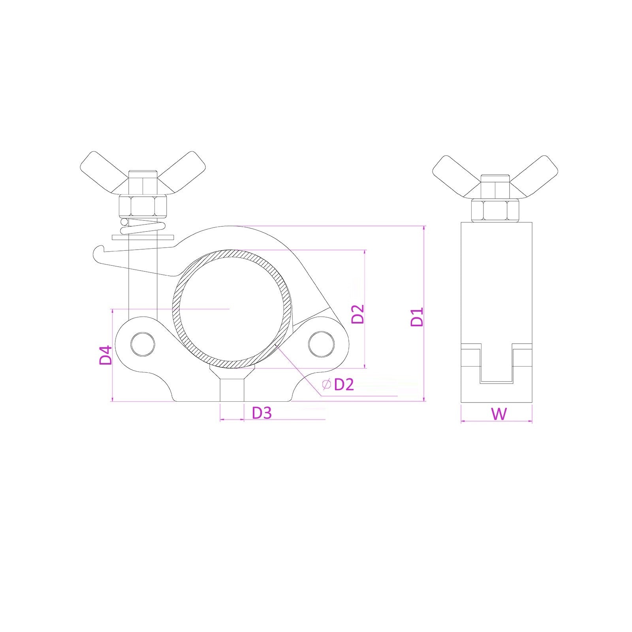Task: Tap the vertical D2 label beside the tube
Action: coord(358,314)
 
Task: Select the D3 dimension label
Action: coord(262,413)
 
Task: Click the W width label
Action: coord(499,414)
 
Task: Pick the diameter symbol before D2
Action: coord(326,384)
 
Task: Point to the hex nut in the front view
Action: coord(143,205)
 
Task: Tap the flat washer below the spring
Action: coord(143,237)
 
